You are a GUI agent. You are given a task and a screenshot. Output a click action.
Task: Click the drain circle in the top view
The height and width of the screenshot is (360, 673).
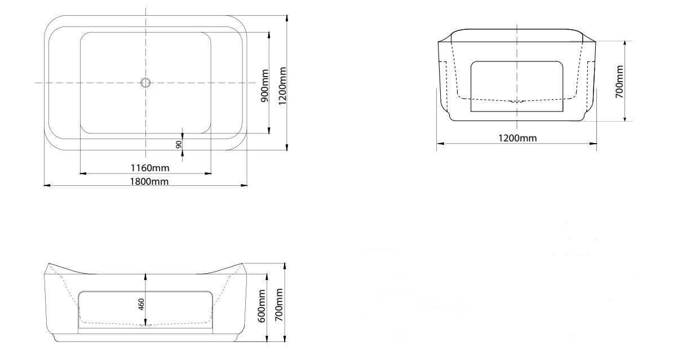click(145, 83)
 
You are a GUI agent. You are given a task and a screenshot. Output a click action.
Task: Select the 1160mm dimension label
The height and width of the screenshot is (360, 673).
click(150, 168)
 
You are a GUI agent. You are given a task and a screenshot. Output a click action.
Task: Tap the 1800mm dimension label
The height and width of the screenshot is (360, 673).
click(149, 181)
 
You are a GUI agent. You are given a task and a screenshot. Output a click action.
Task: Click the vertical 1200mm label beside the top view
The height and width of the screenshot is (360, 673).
click(282, 85)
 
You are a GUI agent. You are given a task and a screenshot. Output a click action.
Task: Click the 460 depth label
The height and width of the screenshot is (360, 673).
click(141, 304)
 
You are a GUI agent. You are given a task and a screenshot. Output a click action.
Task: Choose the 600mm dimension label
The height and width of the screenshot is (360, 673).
click(262, 306)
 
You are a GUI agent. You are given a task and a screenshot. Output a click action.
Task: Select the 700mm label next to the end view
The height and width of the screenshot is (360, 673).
click(619, 81)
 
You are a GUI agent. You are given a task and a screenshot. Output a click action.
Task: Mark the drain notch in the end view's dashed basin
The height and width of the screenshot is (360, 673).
click(517, 102)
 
